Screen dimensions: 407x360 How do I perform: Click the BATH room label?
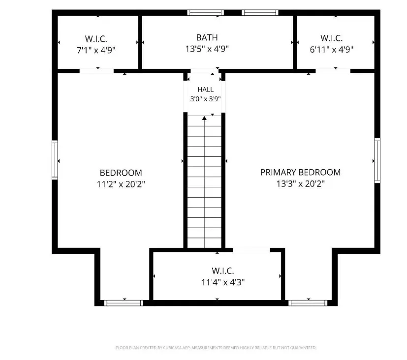click(x=207, y=37)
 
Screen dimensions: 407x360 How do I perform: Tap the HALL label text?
click(x=206, y=90)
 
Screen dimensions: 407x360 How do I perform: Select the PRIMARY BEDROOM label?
click(x=300, y=173)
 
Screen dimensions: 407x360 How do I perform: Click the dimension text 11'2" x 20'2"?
click(x=121, y=184)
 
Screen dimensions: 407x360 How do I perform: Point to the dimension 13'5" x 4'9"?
click(x=207, y=49)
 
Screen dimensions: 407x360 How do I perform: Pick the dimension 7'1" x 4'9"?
click(x=96, y=50)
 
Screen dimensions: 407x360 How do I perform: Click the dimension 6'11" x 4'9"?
click(x=332, y=49)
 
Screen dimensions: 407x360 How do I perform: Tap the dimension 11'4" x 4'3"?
click(x=223, y=282)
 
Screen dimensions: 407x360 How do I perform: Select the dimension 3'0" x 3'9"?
click(x=205, y=99)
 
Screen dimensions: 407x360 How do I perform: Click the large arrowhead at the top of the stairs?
click(x=205, y=118)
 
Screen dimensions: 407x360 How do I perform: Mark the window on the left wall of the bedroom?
click(x=55, y=160)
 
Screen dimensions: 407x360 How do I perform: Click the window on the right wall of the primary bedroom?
click(x=377, y=160)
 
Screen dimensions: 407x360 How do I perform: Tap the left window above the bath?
click(x=206, y=12)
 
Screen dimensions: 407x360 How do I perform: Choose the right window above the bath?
click(x=260, y=12)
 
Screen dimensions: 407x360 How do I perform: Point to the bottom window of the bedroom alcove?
click(x=124, y=303)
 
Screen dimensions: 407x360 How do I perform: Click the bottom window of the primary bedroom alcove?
click(x=308, y=303)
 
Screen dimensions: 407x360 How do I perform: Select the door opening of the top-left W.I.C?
click(x=96, y=71)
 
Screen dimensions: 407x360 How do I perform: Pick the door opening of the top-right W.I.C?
click(x=333, y=71)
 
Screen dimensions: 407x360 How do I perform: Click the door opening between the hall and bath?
click(x=205, y=71)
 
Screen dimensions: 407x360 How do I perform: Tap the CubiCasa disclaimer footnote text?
click(x=216, y=348)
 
